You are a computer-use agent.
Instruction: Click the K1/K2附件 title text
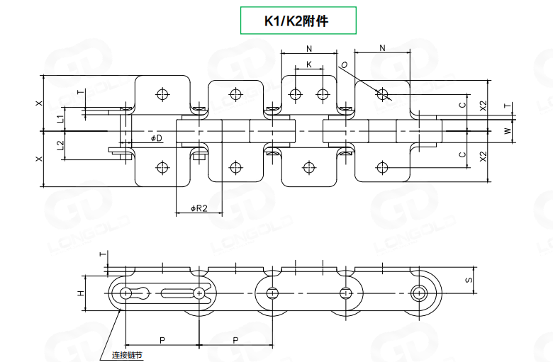(298, 21)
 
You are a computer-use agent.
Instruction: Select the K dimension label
(308, 64)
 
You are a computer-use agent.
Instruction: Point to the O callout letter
(344, 66)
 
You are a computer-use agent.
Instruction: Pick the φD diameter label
(157, 137)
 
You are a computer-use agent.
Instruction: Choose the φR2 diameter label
(199, 208)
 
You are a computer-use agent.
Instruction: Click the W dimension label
(507, 131)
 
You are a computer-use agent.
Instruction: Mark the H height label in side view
(81, 293)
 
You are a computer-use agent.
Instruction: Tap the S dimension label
(469, 281)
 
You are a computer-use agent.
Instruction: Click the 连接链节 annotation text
(128, 355)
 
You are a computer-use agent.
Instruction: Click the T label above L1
(80, 92)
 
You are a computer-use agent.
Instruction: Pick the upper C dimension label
(462, 106)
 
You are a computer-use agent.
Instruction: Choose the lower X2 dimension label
(483, 157)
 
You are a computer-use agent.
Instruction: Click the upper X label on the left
(39, 103)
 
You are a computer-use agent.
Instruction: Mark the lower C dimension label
(462, 154)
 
